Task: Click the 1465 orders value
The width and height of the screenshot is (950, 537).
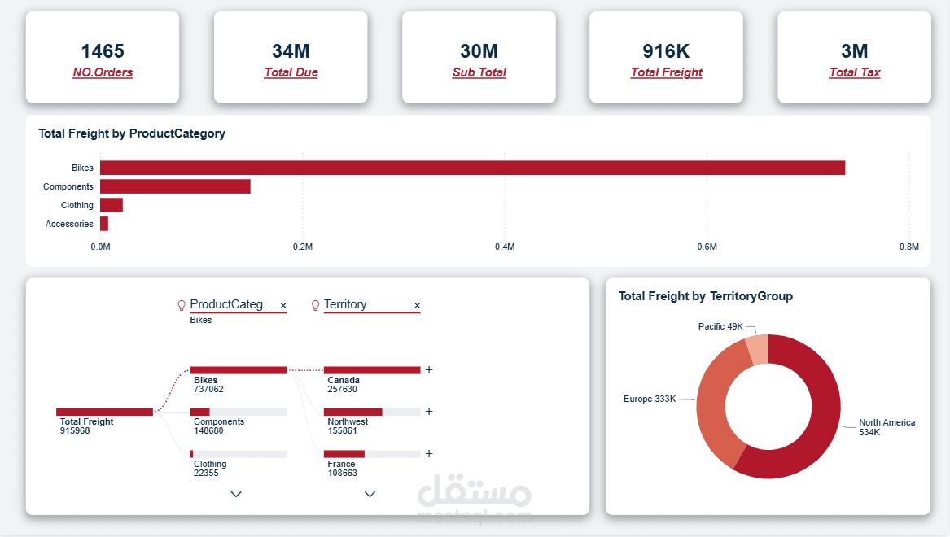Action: pos(103,51)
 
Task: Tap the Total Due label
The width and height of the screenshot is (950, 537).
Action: pos(291,72)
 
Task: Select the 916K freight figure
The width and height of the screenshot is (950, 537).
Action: pos(666,51)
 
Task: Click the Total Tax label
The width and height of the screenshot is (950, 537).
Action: pos(854,72)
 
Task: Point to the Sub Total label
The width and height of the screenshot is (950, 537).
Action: pos(479,72)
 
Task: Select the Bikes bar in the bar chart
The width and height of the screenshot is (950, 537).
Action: pos(472,168)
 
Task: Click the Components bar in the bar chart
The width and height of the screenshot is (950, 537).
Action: pos(175,186)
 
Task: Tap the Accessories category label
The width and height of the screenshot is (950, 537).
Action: pos(69,224)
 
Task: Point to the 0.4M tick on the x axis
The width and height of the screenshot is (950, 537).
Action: pos(505,247)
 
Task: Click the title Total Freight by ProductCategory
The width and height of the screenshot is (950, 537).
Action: pos(132,133)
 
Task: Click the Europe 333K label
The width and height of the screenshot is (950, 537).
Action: pos(649,399)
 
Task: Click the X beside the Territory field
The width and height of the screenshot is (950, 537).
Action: pos(417,306)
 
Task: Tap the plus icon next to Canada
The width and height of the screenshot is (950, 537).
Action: pos(429,369)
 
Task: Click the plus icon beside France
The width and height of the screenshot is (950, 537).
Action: pos(429,454)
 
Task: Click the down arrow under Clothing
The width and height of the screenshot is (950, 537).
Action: pos(236,494)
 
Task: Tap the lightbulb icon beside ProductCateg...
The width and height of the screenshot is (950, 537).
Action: pos(182,305)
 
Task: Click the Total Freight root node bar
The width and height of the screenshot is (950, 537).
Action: pos(104,412)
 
